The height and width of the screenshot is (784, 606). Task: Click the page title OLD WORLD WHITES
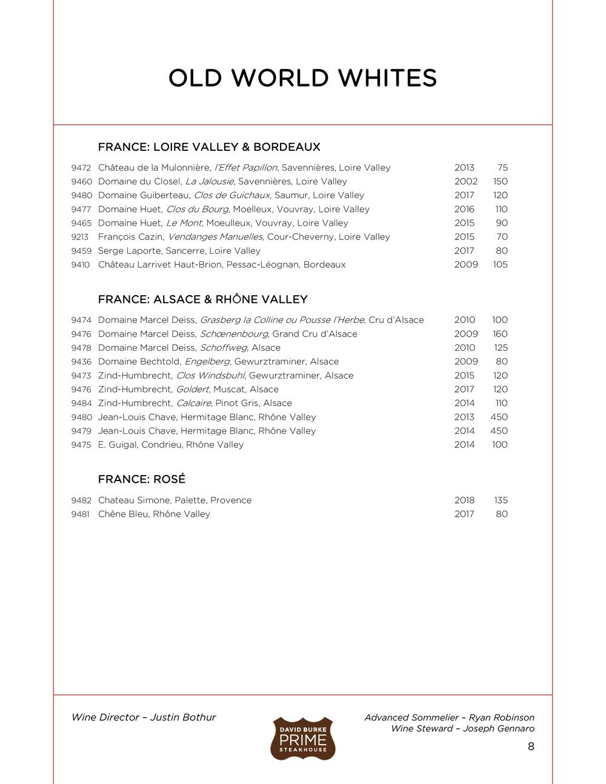click(x=302, y=78)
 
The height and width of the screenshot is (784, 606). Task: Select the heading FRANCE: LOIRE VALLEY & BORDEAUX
click(x=208, y=147)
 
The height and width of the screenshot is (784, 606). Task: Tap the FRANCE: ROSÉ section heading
click(x=141, y=479)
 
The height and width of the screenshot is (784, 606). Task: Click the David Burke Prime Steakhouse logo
click(x=302, y=738)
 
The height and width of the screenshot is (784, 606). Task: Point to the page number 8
click(x=531, y=746)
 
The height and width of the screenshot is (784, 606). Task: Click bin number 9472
click(x=81, y=168)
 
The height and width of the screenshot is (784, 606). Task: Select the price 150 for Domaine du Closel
click(x=500, y=182)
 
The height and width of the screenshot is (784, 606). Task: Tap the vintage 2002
click(x=465, y=182)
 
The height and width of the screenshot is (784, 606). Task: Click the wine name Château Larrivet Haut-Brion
click(x=159, y=265)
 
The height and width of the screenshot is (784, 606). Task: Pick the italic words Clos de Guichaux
click(x=231, y=196)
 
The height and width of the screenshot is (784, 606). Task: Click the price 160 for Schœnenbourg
click(x=500, y=334)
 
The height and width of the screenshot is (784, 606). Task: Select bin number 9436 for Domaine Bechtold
click(x=81, y=362)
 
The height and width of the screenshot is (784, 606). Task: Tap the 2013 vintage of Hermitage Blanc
click(x=464, y=417)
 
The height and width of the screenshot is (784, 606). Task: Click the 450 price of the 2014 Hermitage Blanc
click(x=499, y=431)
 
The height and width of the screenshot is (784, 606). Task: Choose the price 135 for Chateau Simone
click(x=501, y=500)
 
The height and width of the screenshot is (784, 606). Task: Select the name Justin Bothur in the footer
click(x=183, y=717)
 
